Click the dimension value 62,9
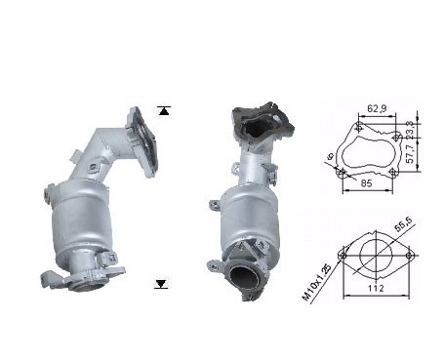click(377, 108)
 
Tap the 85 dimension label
click(366, 183)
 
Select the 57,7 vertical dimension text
click(410, 154)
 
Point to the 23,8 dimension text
click(410, 130)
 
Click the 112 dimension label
click(376, 288)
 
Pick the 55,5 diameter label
click(403, 224)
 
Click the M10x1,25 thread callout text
click(317, 282)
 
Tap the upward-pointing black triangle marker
click(164, 112)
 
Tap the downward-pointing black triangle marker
click(161, 283)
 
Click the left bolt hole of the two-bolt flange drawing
click(343, 256)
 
